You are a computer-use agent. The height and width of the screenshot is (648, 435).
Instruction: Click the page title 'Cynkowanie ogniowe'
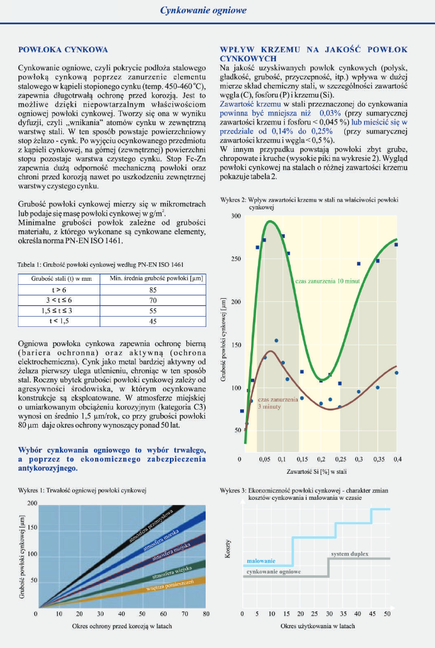203,11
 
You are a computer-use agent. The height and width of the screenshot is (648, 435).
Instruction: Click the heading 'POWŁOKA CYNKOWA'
63,49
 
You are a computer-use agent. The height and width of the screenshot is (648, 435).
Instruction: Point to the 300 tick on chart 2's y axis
236,216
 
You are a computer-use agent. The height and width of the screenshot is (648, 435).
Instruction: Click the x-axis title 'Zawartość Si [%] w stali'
317,471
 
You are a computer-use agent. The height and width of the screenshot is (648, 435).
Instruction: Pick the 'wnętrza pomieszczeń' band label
169,585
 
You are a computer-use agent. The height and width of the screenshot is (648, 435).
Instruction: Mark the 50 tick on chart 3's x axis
387,614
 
